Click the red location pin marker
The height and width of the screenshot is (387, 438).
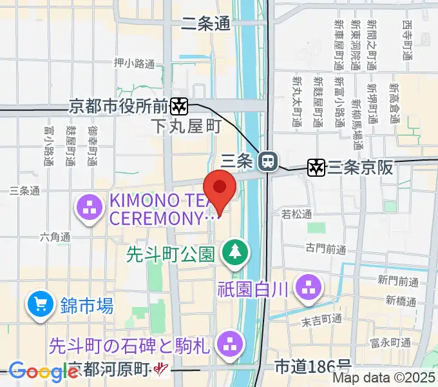[220, 188]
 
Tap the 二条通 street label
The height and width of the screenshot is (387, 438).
[205, 25]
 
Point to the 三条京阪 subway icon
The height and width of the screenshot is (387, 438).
[316, 168]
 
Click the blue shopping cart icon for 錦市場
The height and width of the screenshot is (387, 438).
[41, 302]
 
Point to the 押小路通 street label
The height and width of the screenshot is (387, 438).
[134, 63]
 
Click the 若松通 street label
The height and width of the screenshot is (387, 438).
[296, 214]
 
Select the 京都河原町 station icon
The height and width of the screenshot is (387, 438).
[161, 369]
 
